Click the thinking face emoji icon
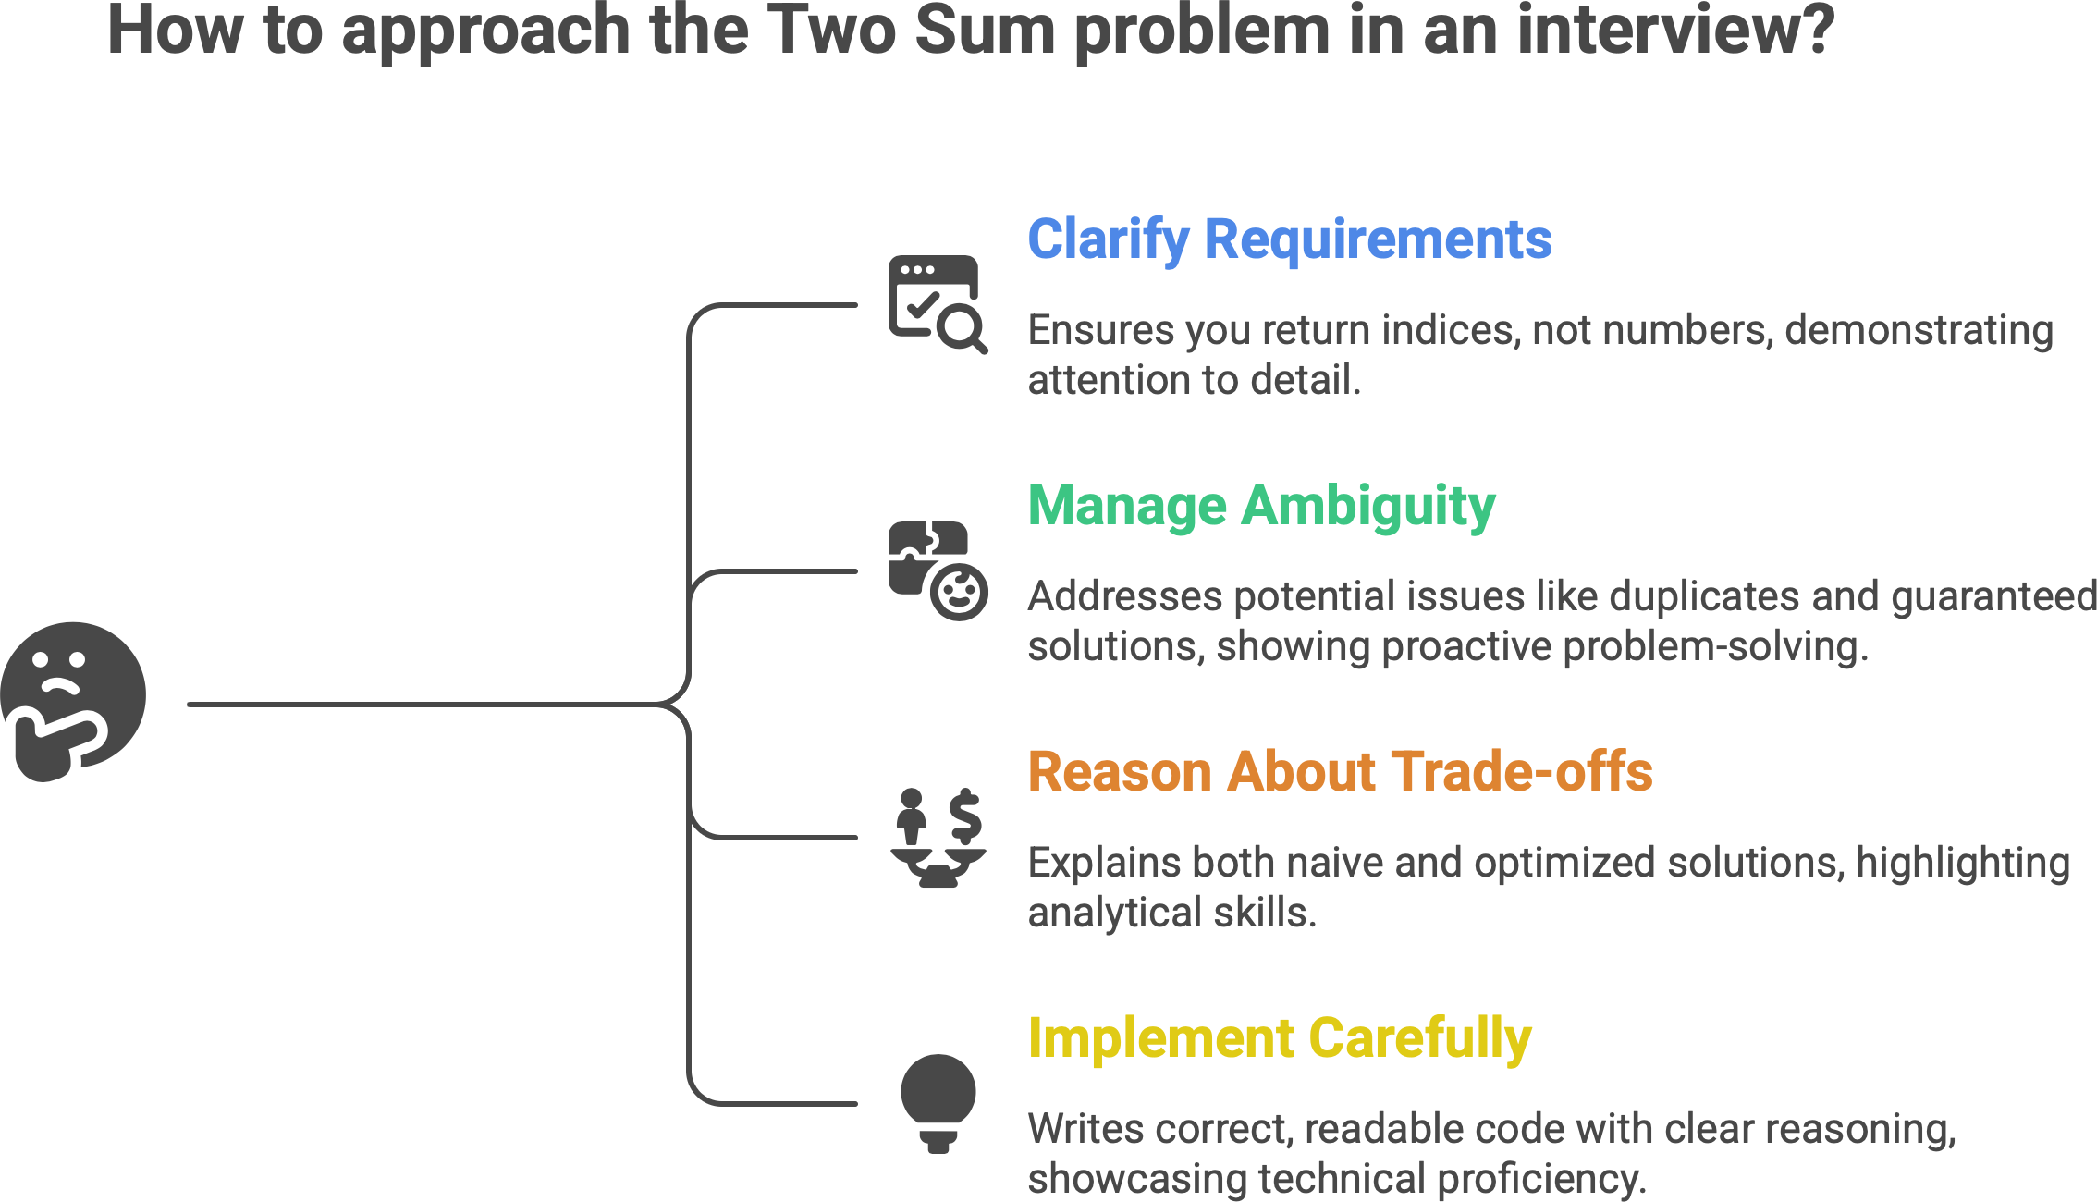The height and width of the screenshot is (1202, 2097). pos(74,701)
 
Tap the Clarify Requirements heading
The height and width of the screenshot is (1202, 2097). pos(1289,239)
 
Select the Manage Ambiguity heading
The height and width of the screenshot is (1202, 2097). pos(1261,506)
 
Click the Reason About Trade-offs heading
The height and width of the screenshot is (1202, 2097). pos(1340,772)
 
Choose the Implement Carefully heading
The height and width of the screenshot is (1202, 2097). pos(1279,1038)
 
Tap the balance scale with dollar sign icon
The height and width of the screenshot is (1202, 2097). pos(938,838)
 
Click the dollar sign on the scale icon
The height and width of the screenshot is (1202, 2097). pos(965,815)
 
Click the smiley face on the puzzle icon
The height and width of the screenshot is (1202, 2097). pos(959,593)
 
